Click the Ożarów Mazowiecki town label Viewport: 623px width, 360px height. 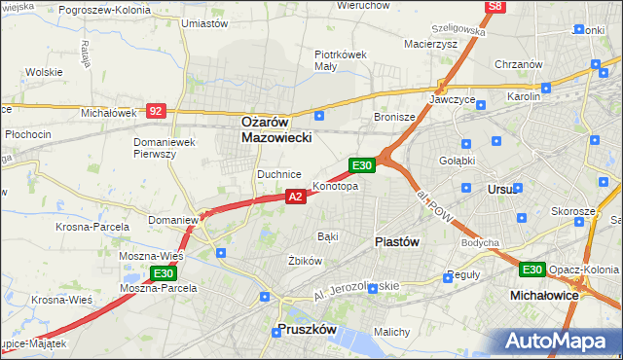coord(276,130)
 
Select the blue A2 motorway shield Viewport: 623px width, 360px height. coord(297,197)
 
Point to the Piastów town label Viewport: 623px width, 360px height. coord(397,242)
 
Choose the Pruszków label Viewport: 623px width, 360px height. coord(307,330)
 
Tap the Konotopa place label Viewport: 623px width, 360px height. coord(335,186)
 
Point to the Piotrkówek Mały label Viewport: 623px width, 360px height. coord(340,60)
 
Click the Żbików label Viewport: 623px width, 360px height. coord(305,261)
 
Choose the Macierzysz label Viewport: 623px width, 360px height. coord(430,43)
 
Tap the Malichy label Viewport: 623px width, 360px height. coord(391,332)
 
